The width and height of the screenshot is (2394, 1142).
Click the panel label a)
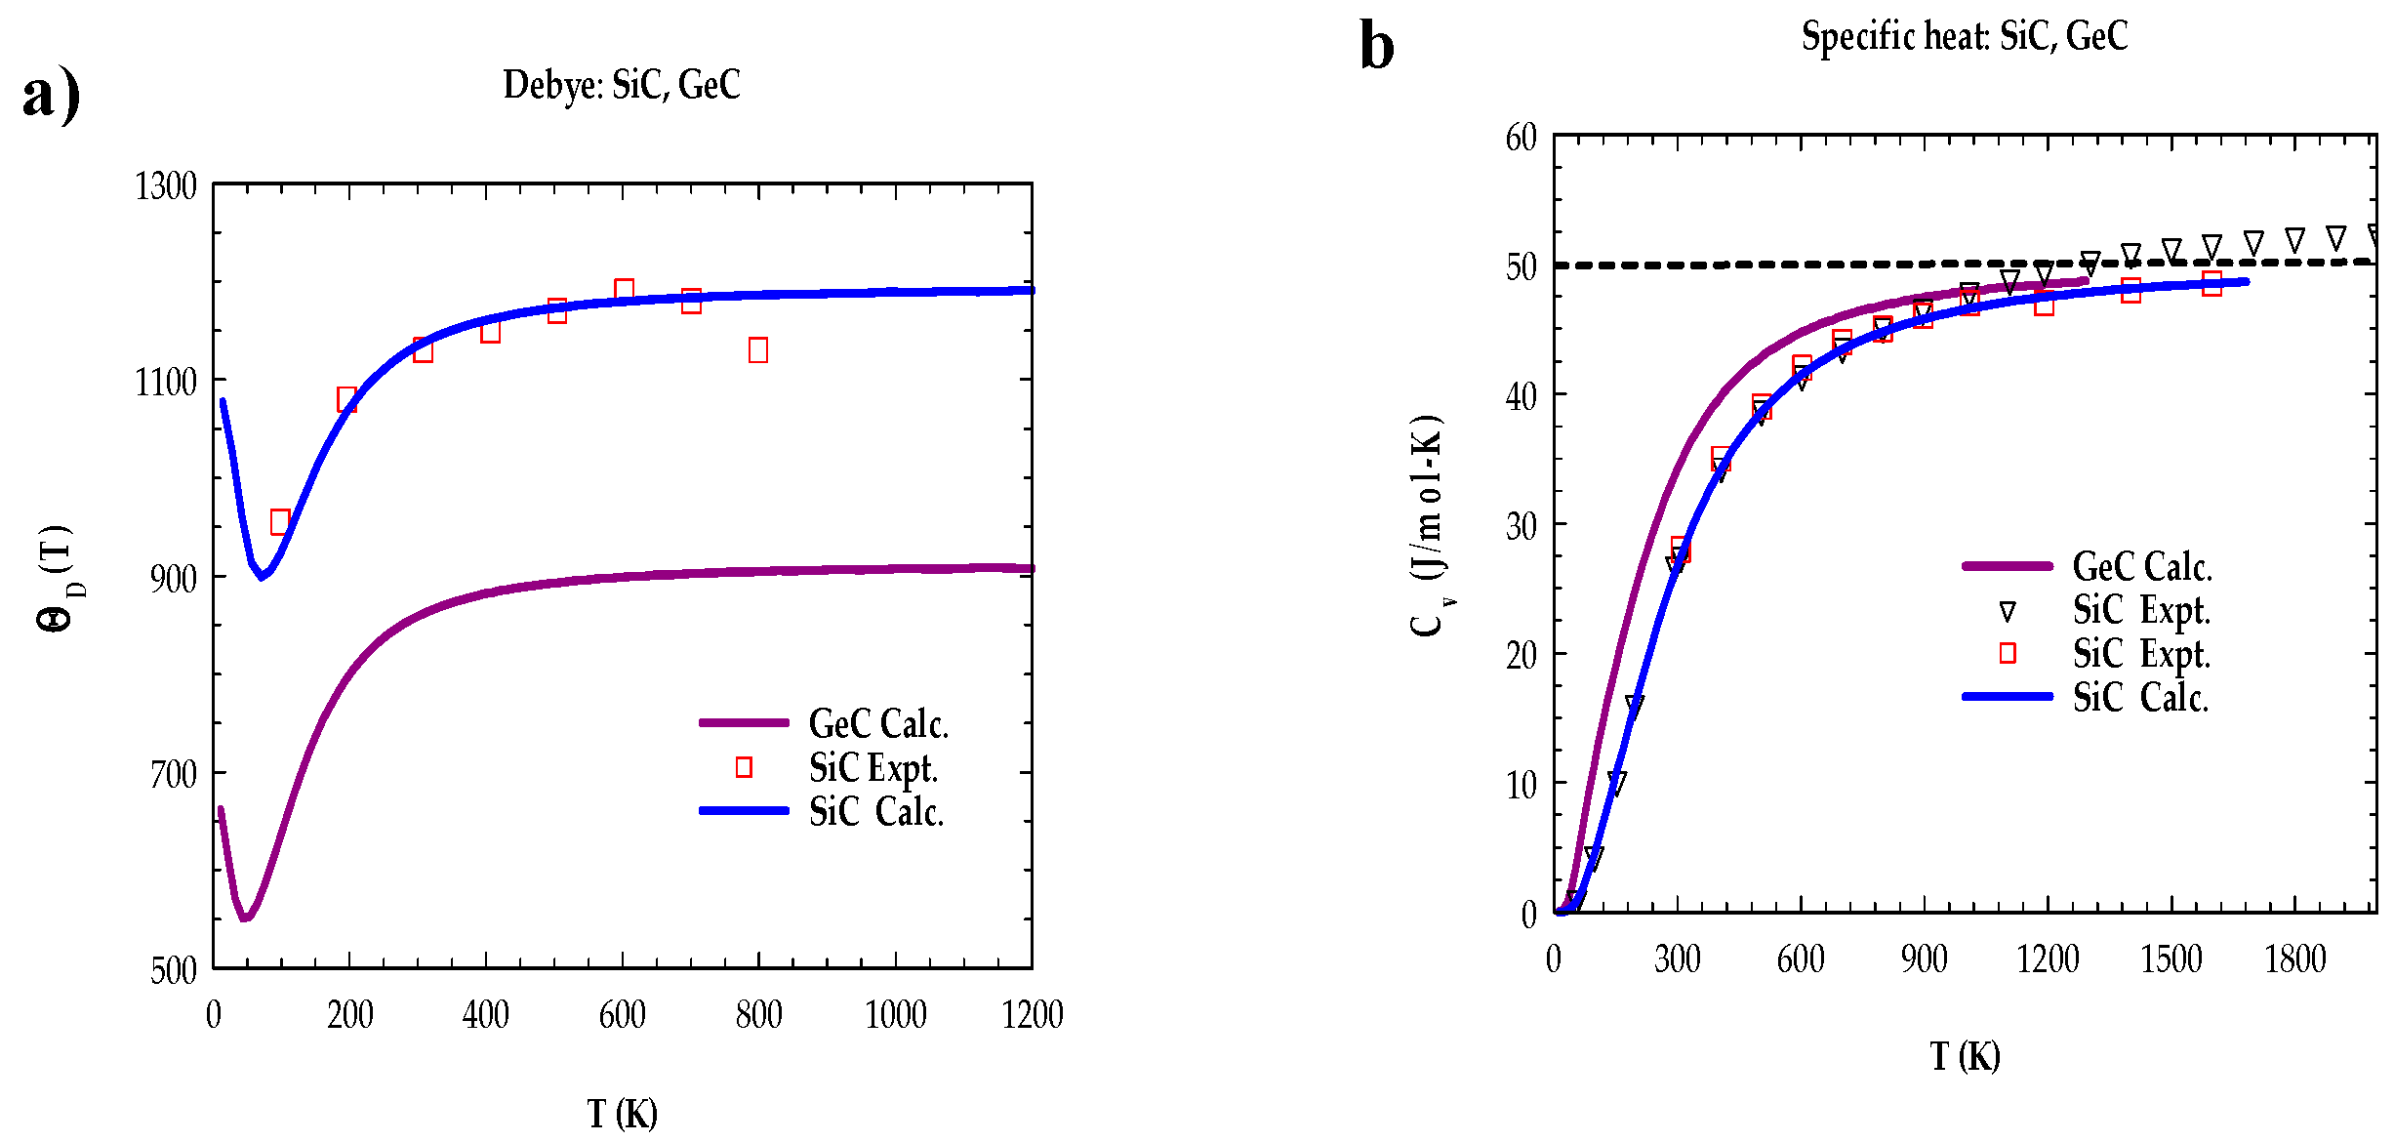pyautogui.click(x=51, y=96)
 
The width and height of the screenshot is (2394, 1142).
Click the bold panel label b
pyautogui.click(x=1376, y=46)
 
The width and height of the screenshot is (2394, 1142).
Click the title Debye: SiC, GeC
pyautogui.click(x=622, y=85)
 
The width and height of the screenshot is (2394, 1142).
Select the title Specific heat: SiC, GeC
pyautogui.click(x=1964, y=36)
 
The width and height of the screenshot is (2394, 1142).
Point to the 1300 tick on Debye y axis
pyautogui.click(x=166, y=186)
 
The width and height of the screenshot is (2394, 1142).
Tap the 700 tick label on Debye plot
pyautogui.click(x=173, y=775)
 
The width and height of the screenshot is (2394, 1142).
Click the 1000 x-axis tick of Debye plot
pyautogui.click(x=895, y=1015)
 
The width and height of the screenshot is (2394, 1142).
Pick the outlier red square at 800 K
pyautogui.click(x=758, y=349)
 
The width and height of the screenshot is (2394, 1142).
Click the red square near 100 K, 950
pyautogui.click(x=280, y=521)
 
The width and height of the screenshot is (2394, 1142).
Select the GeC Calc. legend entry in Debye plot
pyautogui.click(x=877, y=723)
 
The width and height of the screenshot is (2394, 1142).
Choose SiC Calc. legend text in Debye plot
pyautogui.click(x=875, y=812)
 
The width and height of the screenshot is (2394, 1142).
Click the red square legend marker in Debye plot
pyautogui.click(x=744, y=767)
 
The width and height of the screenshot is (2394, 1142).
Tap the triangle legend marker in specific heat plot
pyautogui.click(x=2008, y=612)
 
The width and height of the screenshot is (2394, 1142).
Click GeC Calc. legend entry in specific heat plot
pyautogui.click(x=2141, y=566)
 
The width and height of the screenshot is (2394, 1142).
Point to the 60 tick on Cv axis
pyautogui.click(x=1521, y=138)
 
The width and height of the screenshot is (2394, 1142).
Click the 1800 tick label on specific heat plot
pyautogui.click(x=2294, y=959)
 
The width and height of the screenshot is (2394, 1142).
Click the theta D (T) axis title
pyautogui.click(x=56, y=578)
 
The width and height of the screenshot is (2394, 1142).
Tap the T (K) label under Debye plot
pyautogui.click(x=622, y=1114)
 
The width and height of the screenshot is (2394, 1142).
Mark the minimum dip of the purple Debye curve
pyautogui.click(x=245, y=918)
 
